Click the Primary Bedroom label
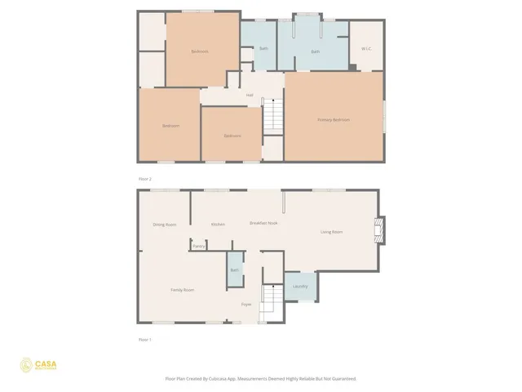pos(334,120)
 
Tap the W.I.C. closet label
pos(366,48)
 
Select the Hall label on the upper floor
pos(250,96)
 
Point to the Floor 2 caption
pos(144,178)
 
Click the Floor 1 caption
pos(144,338)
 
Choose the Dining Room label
pos(165,225)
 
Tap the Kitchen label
pos(218,225)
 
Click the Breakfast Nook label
pos(264,223)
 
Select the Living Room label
pos(331,232)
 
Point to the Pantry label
pos(198,246)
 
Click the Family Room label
pos(182,290)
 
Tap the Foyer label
pos(246,305)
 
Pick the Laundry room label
pos(300,287)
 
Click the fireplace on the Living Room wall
pos(380,230)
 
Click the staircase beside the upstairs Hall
pos(273,115)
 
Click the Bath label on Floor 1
pos(235,270)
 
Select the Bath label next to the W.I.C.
pos(315,52)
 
